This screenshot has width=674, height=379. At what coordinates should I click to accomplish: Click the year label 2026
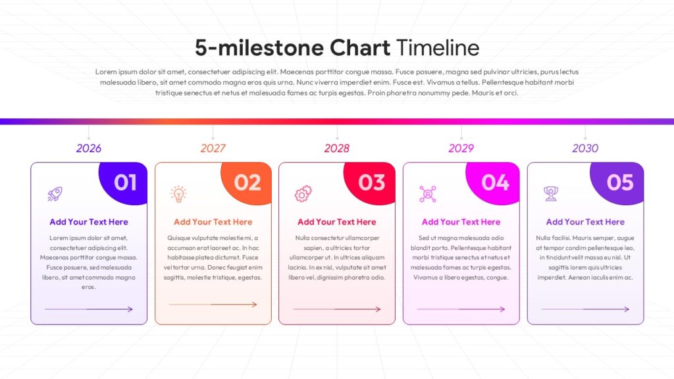tap(89, 148)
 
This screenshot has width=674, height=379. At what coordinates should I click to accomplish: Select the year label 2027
tap(213, 148)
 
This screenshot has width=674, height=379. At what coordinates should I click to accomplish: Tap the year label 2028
tap(336, 148)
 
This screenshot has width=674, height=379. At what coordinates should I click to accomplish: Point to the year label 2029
tap(461, 148)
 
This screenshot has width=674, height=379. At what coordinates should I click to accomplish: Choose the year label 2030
tap(585, 148)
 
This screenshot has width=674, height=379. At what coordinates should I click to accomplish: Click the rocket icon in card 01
tap(55, 194)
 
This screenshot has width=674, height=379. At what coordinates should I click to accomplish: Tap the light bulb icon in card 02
tap(178, 194)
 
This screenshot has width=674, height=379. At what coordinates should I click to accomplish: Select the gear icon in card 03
tap(303, 194)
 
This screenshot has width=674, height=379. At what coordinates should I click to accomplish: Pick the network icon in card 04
tap(428, 194)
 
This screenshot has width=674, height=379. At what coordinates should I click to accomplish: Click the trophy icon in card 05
tap(551, 194)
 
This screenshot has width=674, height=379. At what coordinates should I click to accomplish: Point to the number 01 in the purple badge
tap(125, 183)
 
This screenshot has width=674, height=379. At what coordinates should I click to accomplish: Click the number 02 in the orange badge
tap(247, 183)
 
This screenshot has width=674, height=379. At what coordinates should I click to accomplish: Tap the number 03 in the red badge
tap(372, 183)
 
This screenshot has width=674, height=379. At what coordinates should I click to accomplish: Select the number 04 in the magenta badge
tap(495, 183)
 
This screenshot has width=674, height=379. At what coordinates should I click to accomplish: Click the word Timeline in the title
tap(438, 47)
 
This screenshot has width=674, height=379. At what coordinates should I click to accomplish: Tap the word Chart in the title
tap(360, 47)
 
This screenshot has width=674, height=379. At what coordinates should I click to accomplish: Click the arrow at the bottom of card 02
tap(213, 304)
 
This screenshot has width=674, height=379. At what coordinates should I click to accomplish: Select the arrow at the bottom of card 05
tap(585, 309)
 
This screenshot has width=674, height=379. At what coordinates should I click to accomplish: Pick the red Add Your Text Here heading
tap(336, 222)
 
